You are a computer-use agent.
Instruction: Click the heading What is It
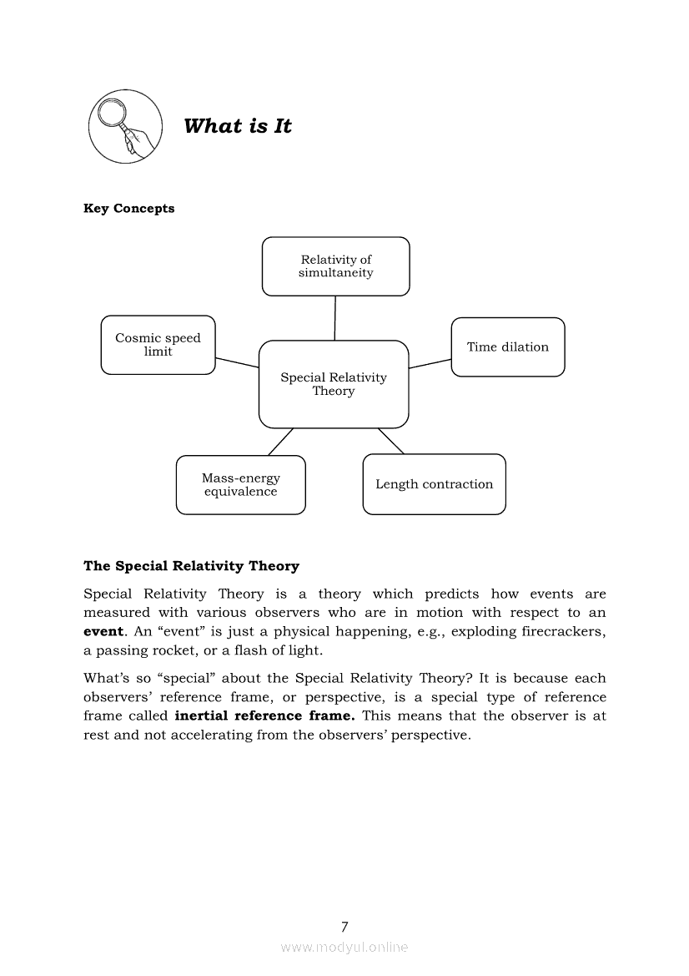pos(238,126)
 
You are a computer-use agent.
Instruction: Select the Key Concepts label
pos(129,209)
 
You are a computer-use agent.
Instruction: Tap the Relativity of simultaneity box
pos(336,266)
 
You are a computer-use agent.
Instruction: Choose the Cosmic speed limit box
pos(158,345)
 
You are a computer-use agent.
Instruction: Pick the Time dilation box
pos(507,347)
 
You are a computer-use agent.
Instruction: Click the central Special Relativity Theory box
pos(334,384)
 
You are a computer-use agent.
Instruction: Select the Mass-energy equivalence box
pos(240,485)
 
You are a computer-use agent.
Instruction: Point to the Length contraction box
pos(434,484)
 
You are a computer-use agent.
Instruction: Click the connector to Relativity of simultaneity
pos(335,318)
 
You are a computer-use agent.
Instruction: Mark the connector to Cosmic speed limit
pos(237,362)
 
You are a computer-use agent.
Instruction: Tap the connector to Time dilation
pos(430,362)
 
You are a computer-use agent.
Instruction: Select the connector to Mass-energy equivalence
pos(281,442)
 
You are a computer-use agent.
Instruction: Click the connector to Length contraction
pos(391,441)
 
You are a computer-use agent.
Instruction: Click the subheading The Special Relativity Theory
pos(191,566)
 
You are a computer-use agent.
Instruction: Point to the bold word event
pos(103,632)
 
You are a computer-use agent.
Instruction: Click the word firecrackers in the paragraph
pos(557,632)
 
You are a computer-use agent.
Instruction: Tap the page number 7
pos(344,926)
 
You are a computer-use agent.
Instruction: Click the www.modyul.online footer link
pos(344,947)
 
